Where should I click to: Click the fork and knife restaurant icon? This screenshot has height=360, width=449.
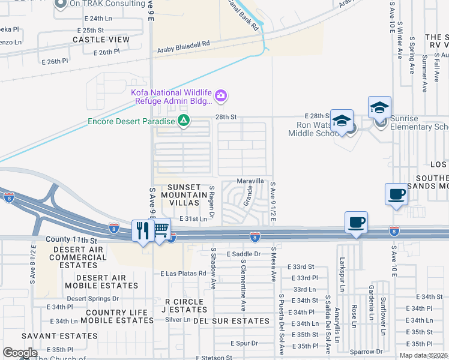click(142, 230)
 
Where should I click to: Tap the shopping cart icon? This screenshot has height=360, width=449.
click(161, 229)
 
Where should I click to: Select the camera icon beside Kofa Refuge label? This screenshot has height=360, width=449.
click(221, 95)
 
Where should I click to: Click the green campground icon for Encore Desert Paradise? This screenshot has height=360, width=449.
click(184, 121)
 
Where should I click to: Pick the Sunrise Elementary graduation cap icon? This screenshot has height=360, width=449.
click(379, 108)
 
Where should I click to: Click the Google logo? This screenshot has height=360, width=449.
click(20, 353)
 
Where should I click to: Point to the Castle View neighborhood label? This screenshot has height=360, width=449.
click(101, 40)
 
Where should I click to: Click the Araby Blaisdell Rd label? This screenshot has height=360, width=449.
click(184, 44)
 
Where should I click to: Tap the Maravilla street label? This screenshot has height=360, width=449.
click(250, 181)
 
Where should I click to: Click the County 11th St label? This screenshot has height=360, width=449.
click(71, 239)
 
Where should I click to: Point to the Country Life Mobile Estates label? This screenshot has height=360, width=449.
click(116, 317)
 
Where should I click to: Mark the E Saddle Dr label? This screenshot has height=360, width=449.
click(244, 254)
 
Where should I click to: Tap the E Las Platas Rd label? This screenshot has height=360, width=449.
click(183, 273)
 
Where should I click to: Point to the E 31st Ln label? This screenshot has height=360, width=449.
click(193, 219)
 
